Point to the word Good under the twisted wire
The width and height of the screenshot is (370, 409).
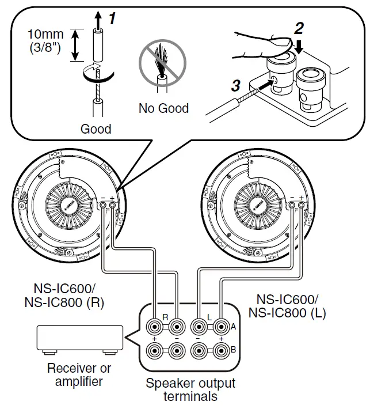(96, 128)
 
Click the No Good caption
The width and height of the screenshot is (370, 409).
(163, 108)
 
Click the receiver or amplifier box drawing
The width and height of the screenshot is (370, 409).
(80, 339)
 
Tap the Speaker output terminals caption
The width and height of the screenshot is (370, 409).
(190, 389)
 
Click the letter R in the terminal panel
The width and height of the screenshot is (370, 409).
(165, 316)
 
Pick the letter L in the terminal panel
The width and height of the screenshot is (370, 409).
(209, 316)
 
